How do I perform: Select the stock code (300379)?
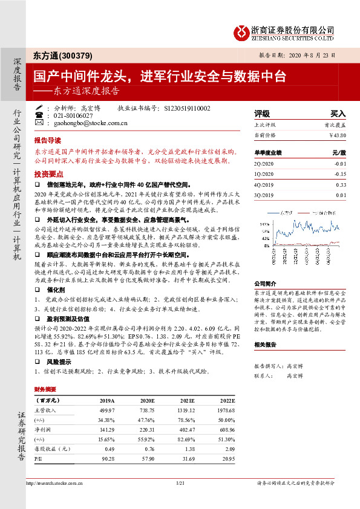click(x=77, y=56)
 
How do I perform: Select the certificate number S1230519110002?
click(x=187, y=108)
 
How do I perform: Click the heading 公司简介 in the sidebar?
click(x=264, y=282)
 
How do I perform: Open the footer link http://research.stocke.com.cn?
click(x=54, y=484)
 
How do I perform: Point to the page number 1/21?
click(x=179, y=484)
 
